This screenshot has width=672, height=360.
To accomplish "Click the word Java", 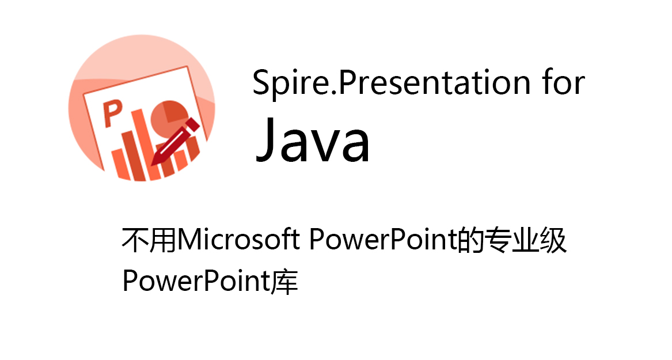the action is [x=313, y=139].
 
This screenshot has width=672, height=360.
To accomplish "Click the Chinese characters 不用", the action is [x=149, y=240].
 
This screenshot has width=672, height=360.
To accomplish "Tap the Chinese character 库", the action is [x=284, y=281].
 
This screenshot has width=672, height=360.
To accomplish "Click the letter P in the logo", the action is [x=113, y=113].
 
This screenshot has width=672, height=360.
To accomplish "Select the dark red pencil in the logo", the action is [x=175, y=142].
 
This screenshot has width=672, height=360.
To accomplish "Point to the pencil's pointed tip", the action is [x=152, y=165].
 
